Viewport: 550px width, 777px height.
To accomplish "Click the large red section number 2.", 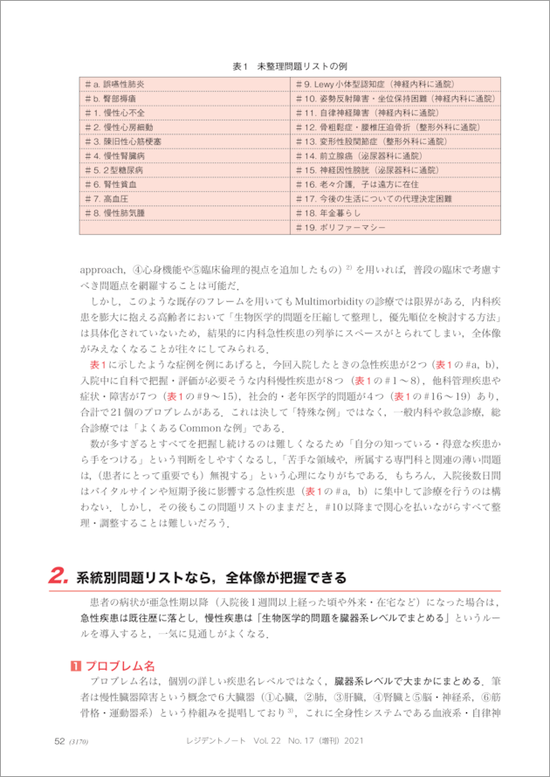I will [58, 577].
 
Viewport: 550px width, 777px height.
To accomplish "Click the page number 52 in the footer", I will [59, 741].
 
